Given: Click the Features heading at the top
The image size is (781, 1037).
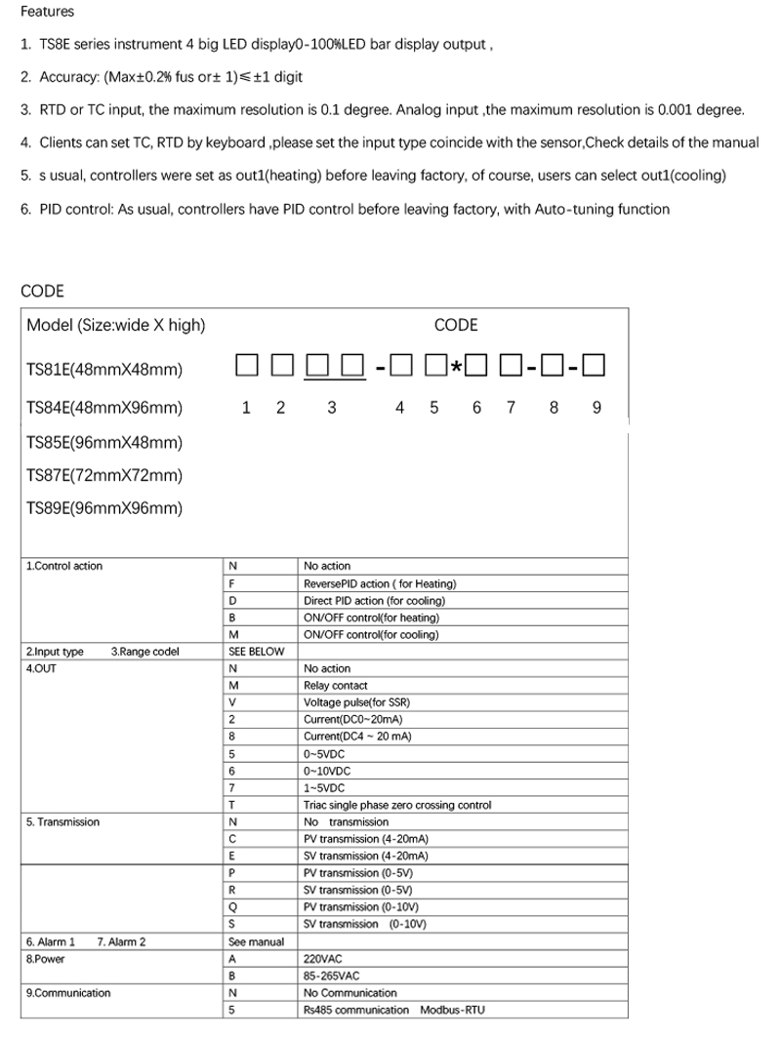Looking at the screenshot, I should coord(47,12).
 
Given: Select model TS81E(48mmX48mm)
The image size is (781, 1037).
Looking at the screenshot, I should coord(104,370).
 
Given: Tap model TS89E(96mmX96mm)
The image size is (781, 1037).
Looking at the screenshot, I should coord(104,508).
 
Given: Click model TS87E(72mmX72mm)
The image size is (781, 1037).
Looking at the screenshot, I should coord(104,475).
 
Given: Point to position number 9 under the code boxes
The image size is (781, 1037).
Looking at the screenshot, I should coord(596,408).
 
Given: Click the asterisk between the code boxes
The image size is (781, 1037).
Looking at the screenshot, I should coord(455,369).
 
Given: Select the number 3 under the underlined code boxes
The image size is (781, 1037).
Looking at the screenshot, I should coord(332,408).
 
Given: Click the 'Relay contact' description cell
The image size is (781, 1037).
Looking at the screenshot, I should coord(336,686).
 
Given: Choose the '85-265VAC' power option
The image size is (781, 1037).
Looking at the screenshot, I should coord(332,976).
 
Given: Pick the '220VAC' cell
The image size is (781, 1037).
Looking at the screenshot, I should coord(323,959).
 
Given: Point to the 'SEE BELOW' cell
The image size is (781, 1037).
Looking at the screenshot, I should coord(256,652).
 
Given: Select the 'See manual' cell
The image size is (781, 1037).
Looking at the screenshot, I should coord(256,941).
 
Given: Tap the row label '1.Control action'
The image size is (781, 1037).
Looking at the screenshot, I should coord(64,566).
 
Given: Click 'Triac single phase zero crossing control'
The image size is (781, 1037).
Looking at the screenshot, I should coord(397,805).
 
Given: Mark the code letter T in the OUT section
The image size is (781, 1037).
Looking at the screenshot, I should coord(232,805).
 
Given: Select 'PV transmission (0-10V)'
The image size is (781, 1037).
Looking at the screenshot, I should coord(365,906).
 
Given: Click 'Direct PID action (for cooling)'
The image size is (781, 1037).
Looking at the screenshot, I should coord(371,601).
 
